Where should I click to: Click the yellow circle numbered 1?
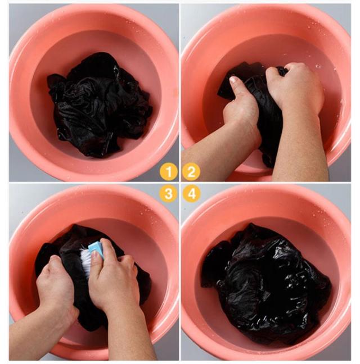click(x=169, y=172)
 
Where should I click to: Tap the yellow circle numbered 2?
click(x=191, y=172)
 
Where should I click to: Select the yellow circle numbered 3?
click(x=169, y=193)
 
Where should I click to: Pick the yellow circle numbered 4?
click(x=191, y=193)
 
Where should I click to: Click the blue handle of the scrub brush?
click(x=96, y=249)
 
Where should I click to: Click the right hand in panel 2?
click(x=295, y=88)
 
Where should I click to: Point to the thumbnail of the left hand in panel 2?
click(x=233, y=80)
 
